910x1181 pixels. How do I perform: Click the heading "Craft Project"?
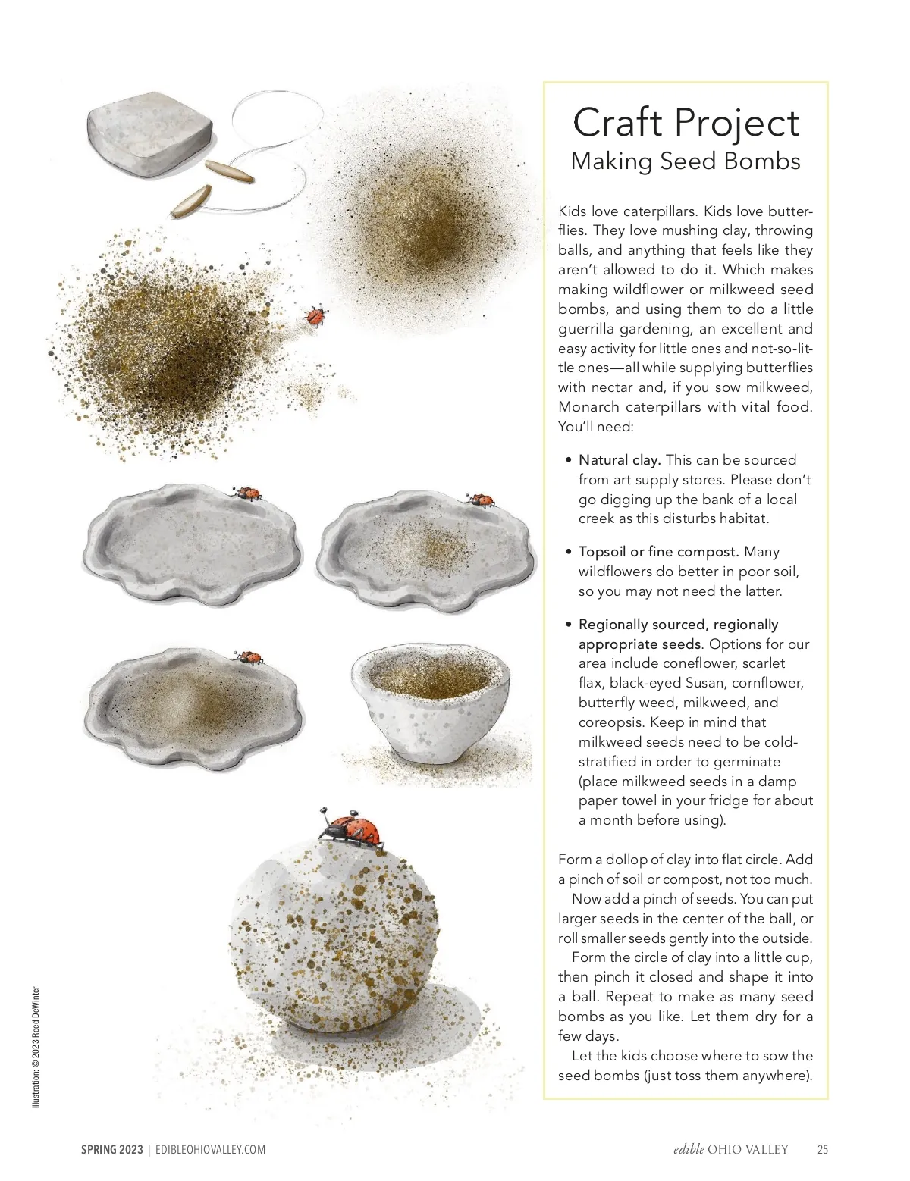click(686, 123)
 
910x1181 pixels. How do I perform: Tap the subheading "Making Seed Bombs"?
click(686, 161)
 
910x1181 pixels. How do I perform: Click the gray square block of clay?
click(149, 133)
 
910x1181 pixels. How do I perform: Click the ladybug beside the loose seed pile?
click(313, 315)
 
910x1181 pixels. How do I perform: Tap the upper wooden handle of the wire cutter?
click(230, 171)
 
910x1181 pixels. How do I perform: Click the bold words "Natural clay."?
click(620, 460)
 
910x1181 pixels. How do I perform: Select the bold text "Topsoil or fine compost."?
click(658, 552)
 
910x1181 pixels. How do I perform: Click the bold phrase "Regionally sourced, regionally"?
click(678, 625)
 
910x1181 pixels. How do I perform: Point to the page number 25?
click(823, 1150)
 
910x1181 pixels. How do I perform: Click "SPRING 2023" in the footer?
click(112, 1150)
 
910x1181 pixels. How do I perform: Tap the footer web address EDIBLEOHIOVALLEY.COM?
click(211, 1150)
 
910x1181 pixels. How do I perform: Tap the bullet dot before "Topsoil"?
click(569, 552)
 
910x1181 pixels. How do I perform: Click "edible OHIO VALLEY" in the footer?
click(730, 1150)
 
